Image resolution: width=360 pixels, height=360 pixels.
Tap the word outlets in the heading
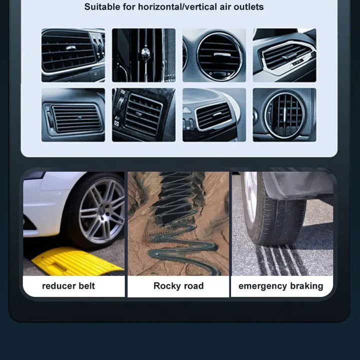point(248,7)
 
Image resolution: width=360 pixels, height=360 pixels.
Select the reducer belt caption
point(68,286)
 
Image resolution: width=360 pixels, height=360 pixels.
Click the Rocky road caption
point(178,286)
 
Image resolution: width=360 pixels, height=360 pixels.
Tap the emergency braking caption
point(281,286)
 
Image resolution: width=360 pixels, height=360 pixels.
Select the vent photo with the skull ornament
point(143,55)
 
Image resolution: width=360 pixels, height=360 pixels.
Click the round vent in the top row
point(214,55)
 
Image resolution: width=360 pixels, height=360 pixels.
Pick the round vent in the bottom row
point(284,115)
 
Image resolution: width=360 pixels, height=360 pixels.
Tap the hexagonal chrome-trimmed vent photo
point(284,55)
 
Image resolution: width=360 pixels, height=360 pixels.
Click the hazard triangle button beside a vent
point(186,110)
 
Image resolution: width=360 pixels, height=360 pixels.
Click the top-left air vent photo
point(73,55)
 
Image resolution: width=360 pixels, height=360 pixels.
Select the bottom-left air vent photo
point(73,115)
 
